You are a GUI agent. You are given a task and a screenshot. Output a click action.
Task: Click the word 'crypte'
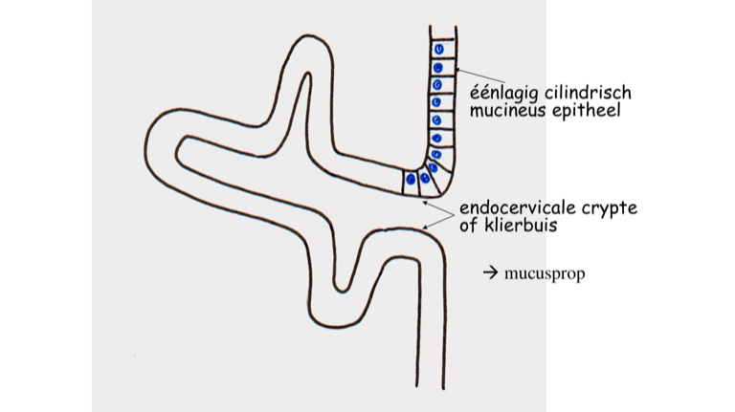(x=609, y=209)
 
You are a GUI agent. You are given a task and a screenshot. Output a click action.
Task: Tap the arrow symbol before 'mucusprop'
(x=491, y=273)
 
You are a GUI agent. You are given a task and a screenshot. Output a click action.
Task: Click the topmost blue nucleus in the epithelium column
(x=438, y=50)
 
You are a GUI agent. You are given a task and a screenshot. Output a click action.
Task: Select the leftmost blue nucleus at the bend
(x=411, y=179)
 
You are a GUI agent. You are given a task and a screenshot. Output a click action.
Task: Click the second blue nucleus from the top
(x=438, y=68)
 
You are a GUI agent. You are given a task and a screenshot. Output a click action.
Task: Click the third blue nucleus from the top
(x=438, y=85)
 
